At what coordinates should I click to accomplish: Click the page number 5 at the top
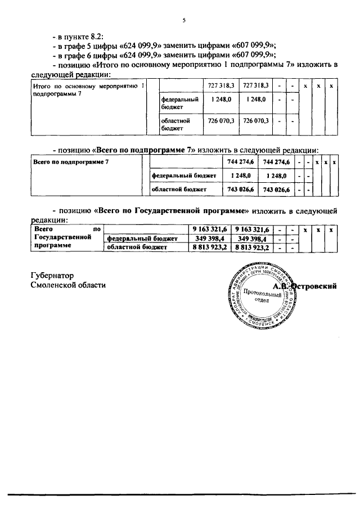[x=183, y=20]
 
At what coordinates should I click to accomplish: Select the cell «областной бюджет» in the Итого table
[x=175, y=124]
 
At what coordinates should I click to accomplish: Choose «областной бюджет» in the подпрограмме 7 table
[x=179, y=190]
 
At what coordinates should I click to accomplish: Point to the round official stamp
[x=262, y=295]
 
